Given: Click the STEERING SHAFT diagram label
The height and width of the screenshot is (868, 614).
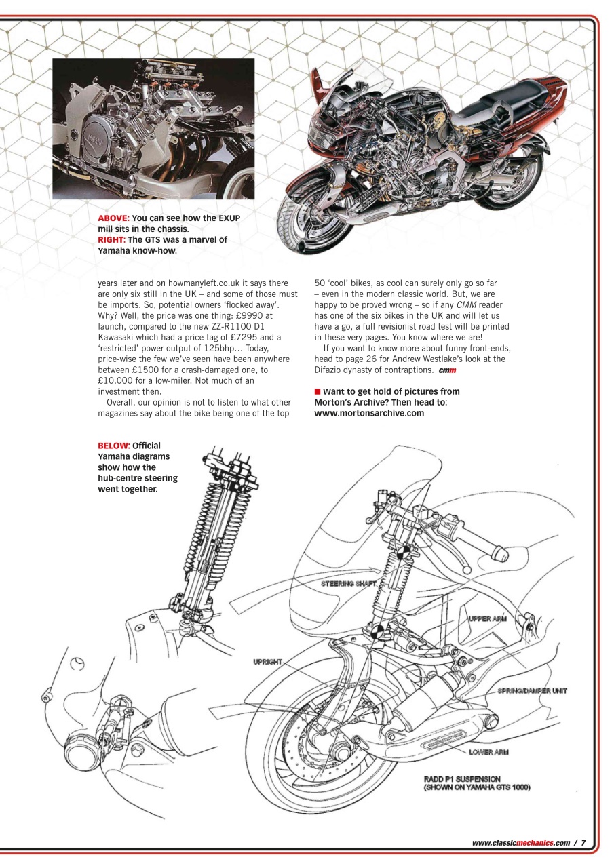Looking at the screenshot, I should click(x=348, y=583).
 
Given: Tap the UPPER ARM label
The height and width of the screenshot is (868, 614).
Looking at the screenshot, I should click(x=487, y=618).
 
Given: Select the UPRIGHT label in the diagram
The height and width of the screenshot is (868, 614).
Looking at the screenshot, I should click(x=267, y=661).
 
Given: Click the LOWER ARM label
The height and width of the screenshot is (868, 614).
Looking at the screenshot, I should click(x=488, y=752).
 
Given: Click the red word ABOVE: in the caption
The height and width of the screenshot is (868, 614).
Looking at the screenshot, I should click(x=113, y=218).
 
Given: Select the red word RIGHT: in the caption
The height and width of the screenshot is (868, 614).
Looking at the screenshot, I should click(x=111, y=239).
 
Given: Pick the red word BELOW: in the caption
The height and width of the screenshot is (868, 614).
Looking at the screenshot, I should click(x=113, y=446).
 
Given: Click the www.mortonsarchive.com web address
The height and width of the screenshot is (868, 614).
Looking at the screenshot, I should click(x=369, y=413).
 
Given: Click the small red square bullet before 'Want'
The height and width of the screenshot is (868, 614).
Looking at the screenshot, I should click(x=317, y=391).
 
